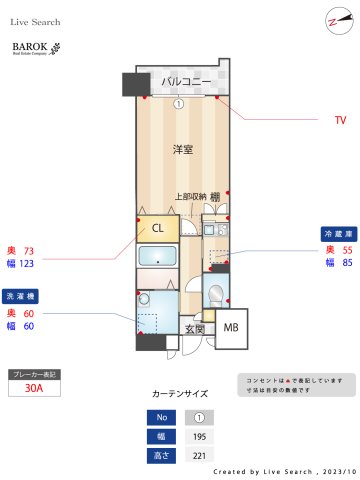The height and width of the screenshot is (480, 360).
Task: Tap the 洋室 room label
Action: tap(182, 149)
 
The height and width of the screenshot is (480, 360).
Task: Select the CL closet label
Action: tap(158, 228)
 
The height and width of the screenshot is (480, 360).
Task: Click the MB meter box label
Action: tap(230, 328)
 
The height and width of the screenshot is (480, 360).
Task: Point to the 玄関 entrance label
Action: tap(194, 328)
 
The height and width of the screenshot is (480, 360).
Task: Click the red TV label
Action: tap(340, 119)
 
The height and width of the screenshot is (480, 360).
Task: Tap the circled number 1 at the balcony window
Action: tap(178, 103)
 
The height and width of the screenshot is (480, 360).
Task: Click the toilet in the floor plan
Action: tap(214, 292)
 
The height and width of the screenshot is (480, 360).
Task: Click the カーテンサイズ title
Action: tap(179, 394)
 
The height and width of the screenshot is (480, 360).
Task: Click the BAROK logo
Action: tap(36, 48)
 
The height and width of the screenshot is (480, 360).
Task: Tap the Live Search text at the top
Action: tap(37, 21)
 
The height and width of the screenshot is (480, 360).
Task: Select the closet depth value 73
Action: tap(28, 250)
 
